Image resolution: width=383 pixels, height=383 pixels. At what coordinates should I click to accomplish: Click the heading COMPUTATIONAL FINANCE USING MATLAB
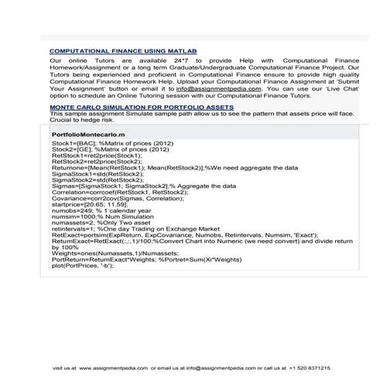[123, 51]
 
